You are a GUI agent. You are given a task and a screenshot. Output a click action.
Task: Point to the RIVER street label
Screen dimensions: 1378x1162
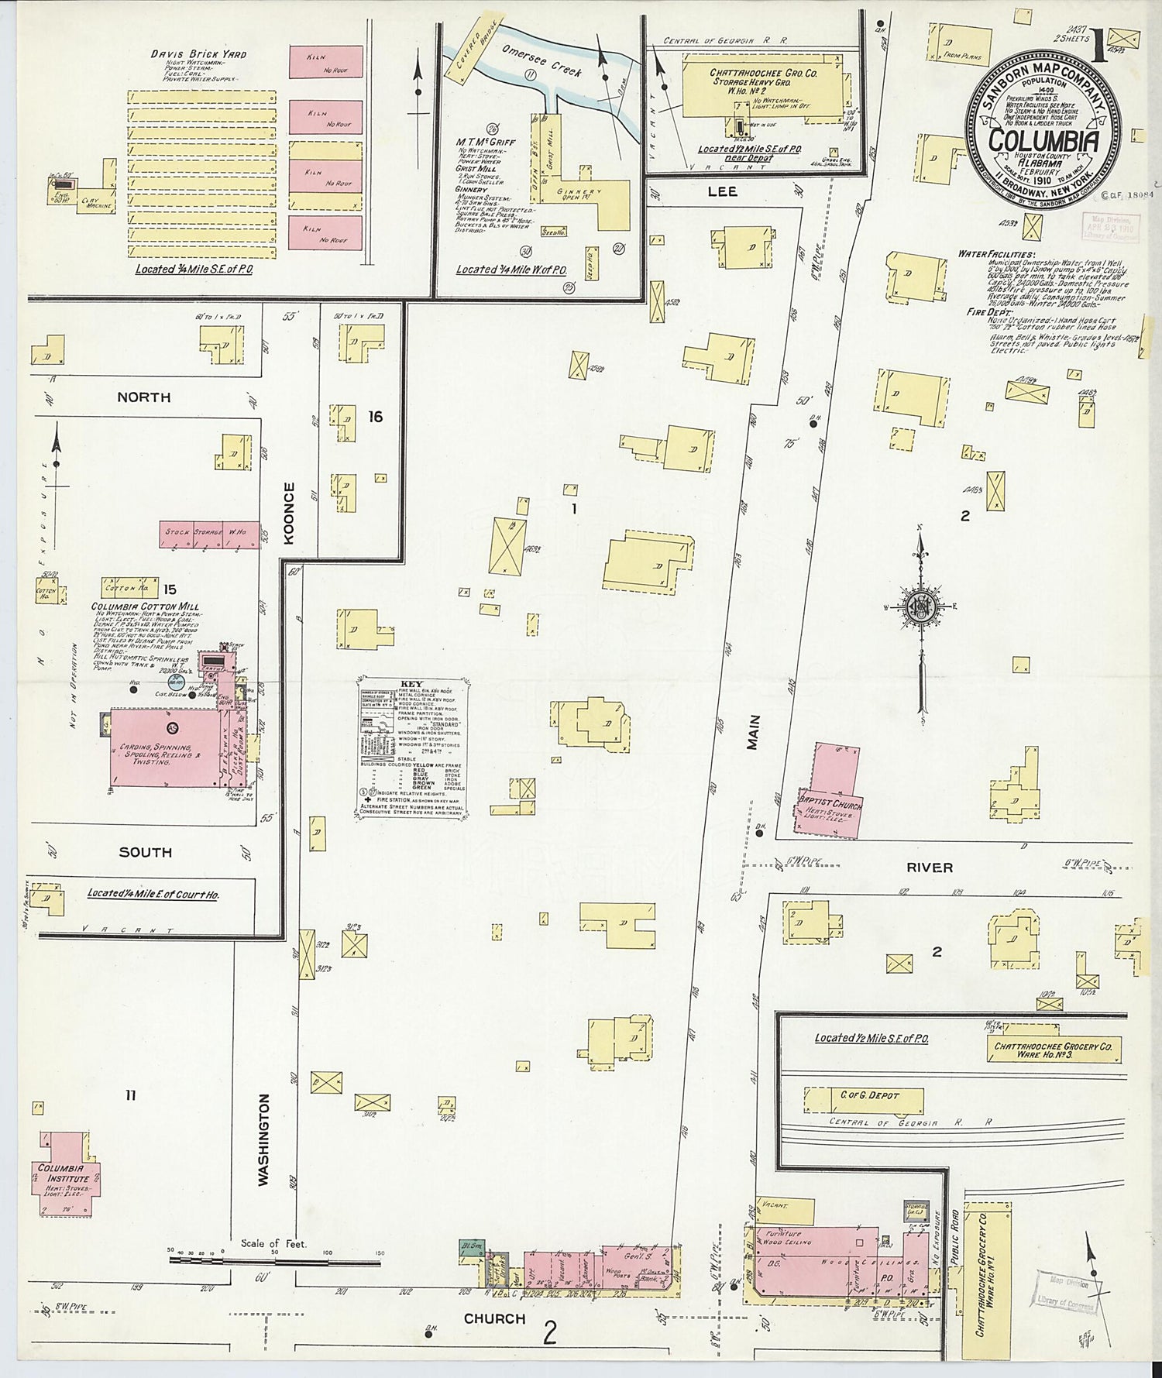[x=930, y=868]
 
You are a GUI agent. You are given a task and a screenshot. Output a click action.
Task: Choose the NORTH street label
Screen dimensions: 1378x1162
[x=143, y=397]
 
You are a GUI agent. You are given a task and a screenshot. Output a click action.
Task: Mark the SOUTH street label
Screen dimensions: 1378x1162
[x=145, y=852]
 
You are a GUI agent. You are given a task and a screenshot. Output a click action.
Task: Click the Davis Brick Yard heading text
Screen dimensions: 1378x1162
[x=198, y=54]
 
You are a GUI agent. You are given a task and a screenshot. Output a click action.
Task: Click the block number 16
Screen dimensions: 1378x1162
[x=375, y=418]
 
